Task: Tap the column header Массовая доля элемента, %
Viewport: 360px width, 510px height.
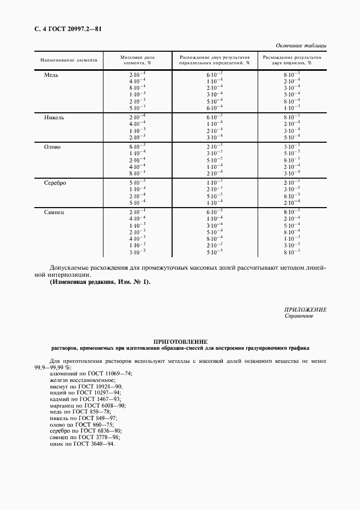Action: pos(137,60)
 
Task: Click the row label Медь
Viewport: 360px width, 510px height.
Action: pos(51,75)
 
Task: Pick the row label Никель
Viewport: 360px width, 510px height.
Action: pos(54,117)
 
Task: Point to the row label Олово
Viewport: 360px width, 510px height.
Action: pos(52,147)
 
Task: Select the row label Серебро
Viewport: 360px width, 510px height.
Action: pos(55,183)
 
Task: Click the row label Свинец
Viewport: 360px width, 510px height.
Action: pos(54,212)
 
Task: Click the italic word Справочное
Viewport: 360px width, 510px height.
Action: pos(299,316)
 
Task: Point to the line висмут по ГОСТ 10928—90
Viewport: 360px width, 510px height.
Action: pos(88,386)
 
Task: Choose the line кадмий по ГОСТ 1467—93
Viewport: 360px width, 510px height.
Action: pos(87,399)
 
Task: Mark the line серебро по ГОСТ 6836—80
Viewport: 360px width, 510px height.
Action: pos(87,431)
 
